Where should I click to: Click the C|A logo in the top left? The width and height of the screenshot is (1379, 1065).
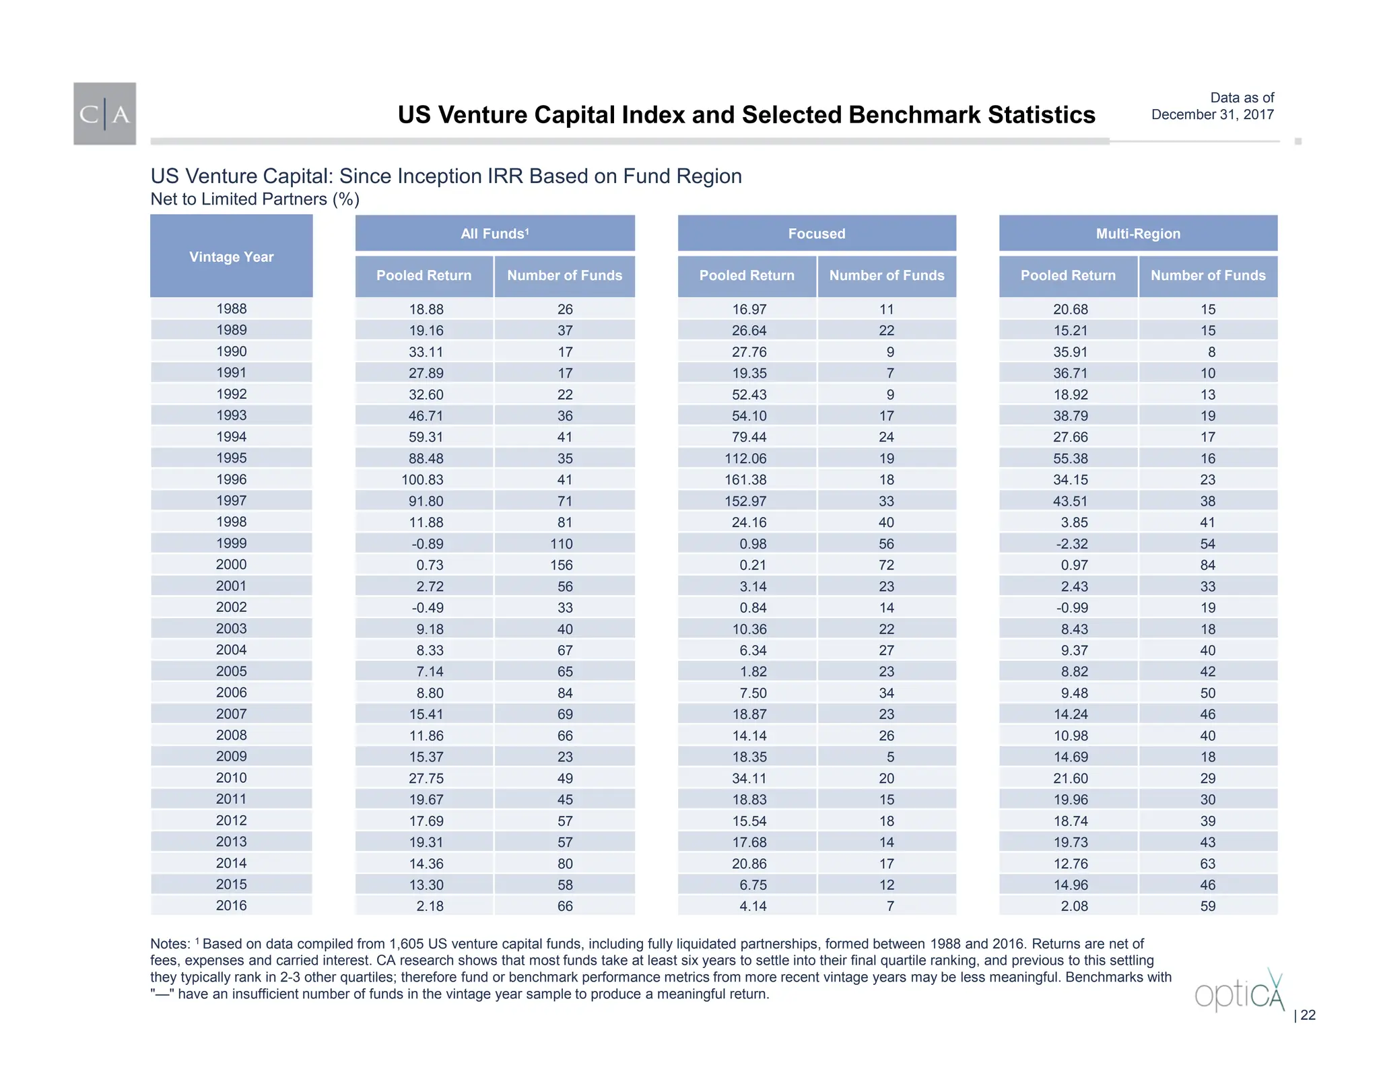click(104, 114)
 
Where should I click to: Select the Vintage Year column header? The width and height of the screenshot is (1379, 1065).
click(231, 256)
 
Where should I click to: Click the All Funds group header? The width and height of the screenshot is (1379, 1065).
click(494, 234)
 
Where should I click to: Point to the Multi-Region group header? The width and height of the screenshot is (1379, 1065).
click(1138, 234)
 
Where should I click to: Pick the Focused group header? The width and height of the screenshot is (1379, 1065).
click(816, 234)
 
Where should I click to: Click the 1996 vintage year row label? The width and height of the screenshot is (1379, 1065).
click(231, 479)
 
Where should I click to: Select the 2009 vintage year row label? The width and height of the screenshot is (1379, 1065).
click(231, 756)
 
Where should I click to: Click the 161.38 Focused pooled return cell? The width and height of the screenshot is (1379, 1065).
click(749, 480)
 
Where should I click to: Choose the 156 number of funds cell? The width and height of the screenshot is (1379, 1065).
click(561, 565)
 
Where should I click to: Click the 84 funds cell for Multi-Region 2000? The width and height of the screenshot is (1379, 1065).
click(1208, 565)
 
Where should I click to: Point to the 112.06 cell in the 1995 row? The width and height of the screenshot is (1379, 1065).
click(749, 458)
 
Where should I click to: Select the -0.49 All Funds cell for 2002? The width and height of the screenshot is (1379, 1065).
click(428, 608)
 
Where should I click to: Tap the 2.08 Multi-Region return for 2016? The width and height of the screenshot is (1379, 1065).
click(1074, 906)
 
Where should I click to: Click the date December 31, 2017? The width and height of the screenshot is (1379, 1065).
click(1212, 114)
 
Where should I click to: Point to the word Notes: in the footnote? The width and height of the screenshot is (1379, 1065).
click(170, 944)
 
